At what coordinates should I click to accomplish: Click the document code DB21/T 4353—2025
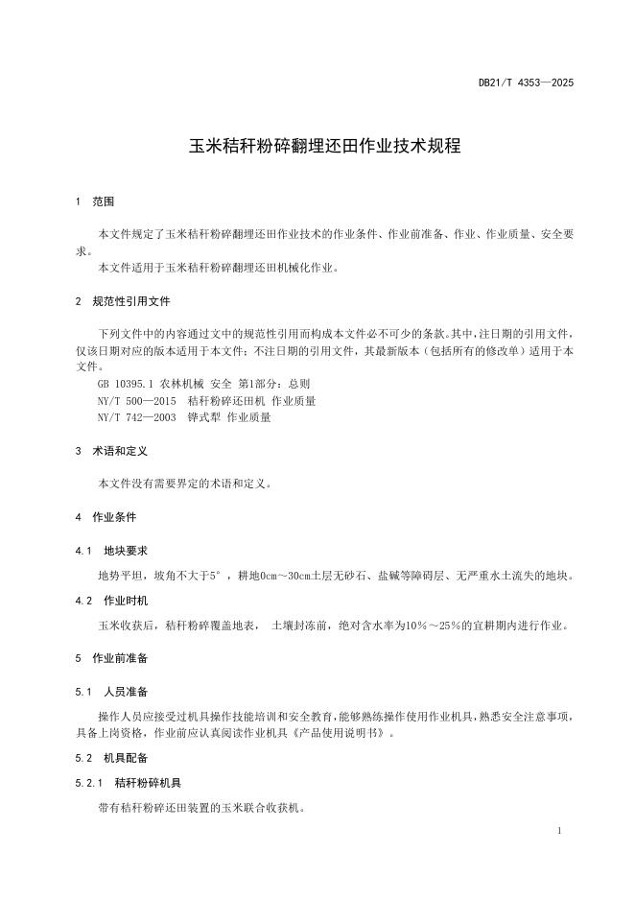click(526, 83)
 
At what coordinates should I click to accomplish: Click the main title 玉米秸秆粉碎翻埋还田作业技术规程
click(324, 147)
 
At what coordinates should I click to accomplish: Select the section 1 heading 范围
click(103, 202)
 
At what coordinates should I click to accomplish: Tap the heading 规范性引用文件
click(131, 301)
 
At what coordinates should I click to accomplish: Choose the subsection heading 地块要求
click(127, 551)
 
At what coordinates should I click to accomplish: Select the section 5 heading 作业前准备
click(120, 658)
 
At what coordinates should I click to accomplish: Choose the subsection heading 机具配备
click(127, 758)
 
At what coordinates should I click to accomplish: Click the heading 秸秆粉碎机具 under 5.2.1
click(148, 783)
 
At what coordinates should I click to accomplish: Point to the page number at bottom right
click(559, 828)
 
